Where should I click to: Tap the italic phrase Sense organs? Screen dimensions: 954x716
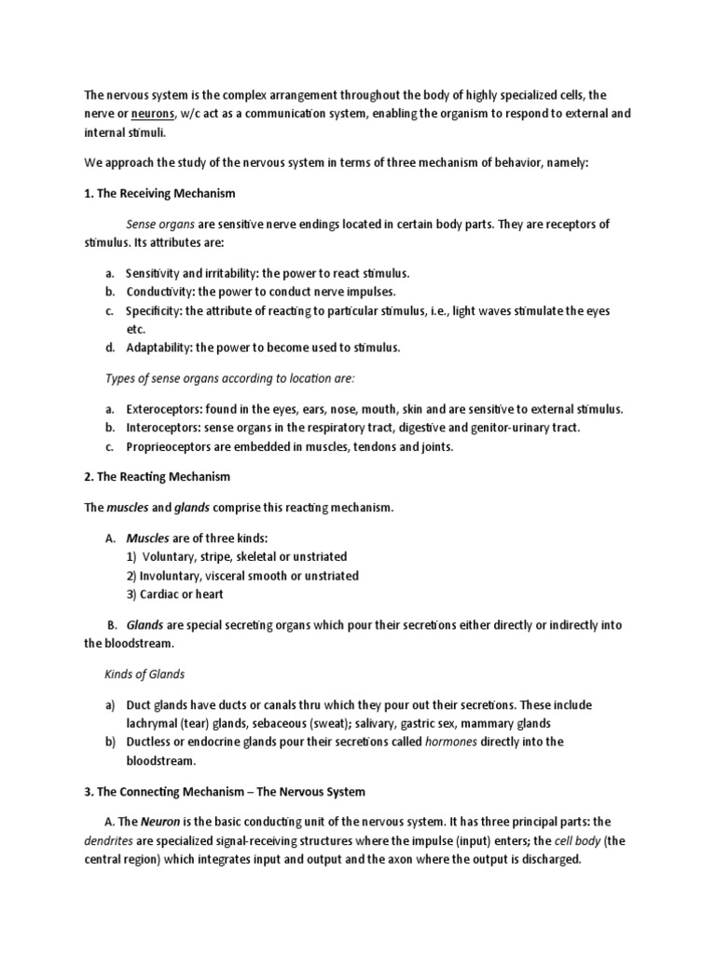tap(159, 225)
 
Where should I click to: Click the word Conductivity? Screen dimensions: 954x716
tap(159, 292)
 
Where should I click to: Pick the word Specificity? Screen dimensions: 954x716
tap(155, 310)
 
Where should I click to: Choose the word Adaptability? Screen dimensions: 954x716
tap(160, 348)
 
